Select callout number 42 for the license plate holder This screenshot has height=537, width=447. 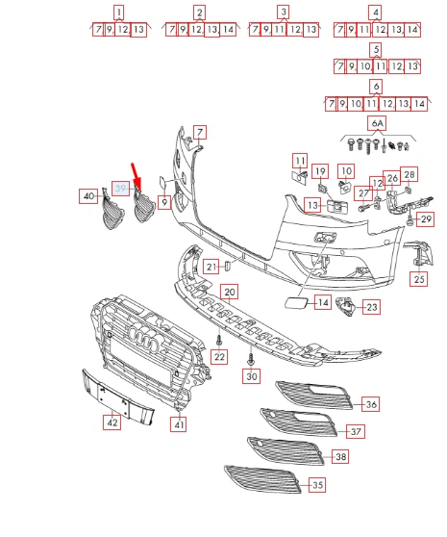[112, 422]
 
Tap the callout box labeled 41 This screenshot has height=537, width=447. [179, 423]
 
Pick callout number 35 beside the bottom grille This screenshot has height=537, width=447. [317, 487]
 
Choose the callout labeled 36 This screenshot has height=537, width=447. [371, 405]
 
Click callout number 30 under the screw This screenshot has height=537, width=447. [252, 376]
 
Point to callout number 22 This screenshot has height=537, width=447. [219, 357]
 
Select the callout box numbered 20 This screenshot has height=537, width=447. [229, 292]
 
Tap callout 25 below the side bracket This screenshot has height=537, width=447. [418, 280]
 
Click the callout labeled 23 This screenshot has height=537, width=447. [371, 308]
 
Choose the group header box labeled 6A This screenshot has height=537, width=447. [376, 124]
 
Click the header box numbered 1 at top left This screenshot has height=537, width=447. [118, 13]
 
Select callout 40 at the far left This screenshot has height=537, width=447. [88, 196]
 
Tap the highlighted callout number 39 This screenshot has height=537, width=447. [120, 188]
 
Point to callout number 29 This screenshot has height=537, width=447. [427, 220]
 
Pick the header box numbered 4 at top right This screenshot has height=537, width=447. [375, 13]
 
